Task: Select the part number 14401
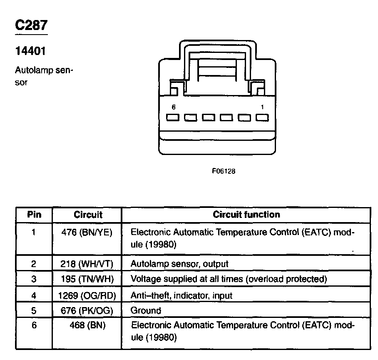[30, 51]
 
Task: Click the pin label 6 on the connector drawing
[173, 107]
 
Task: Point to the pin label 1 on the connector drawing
[262, 107]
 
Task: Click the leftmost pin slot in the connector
[173, 118]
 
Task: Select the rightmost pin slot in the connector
[262, 118]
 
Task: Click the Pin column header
[34, 215]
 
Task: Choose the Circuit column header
[88, 215]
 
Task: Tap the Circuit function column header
[246, 215]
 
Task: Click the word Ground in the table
[146, 310]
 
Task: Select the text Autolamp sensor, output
[179, 264]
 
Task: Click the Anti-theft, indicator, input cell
[182, 295]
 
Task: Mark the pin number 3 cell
[34, 279]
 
